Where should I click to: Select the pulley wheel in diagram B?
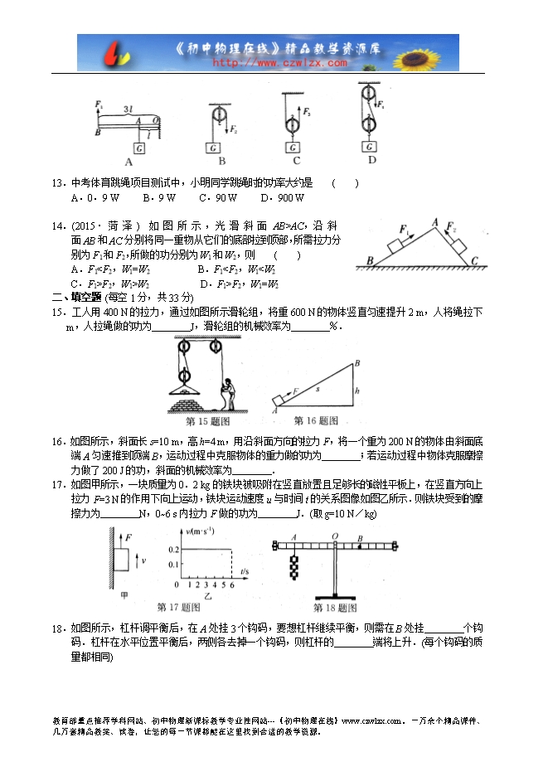(x=220, y=114)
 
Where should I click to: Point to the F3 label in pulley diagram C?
(x=308, y=110)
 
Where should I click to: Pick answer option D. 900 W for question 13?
(x=282, y=198)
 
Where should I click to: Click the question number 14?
(x=58, y=226)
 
